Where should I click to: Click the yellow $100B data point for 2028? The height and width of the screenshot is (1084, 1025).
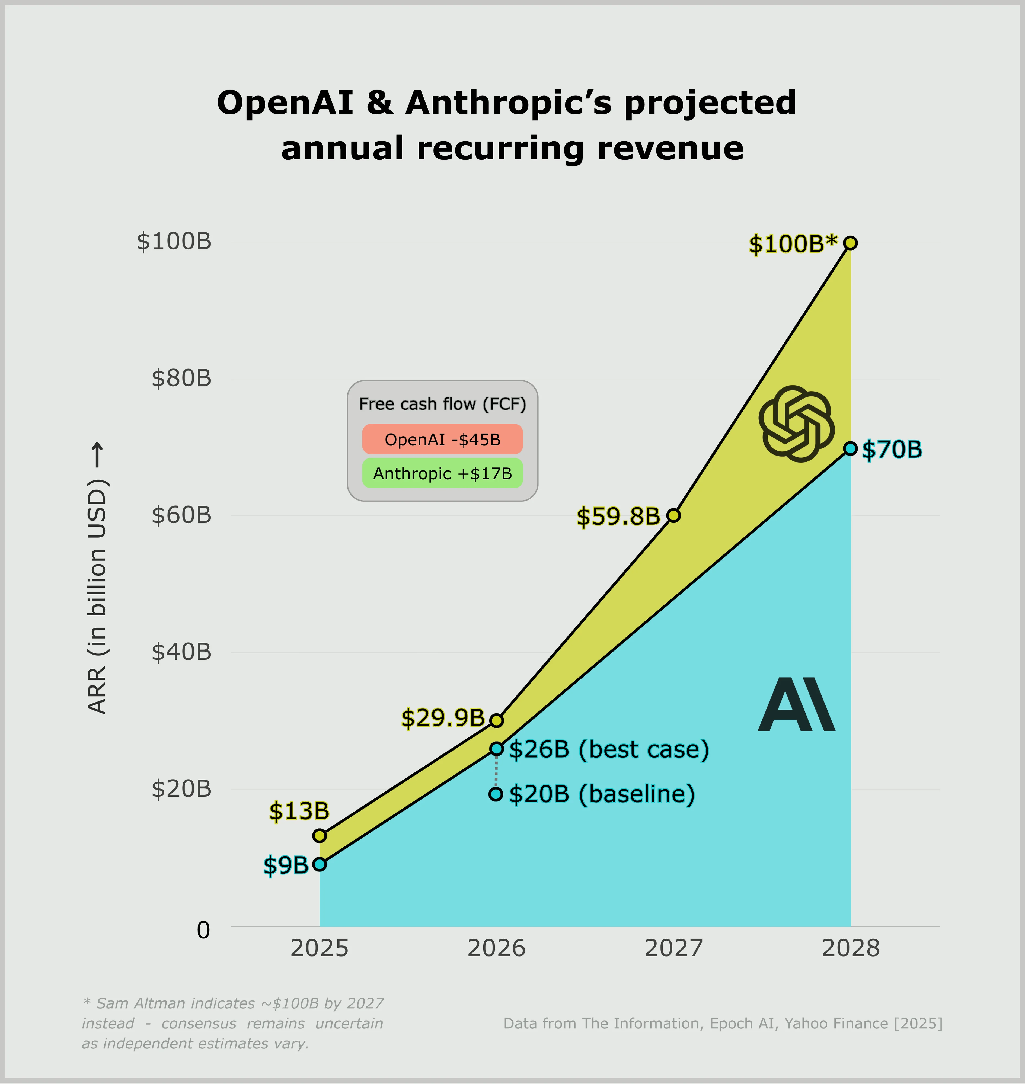click(850, 243)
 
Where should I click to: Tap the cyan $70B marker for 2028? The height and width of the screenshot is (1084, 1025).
click(850, 448)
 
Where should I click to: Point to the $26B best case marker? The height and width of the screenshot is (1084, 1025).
click(496, 748)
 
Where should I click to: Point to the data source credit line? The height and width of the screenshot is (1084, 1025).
click(722, 1023)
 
